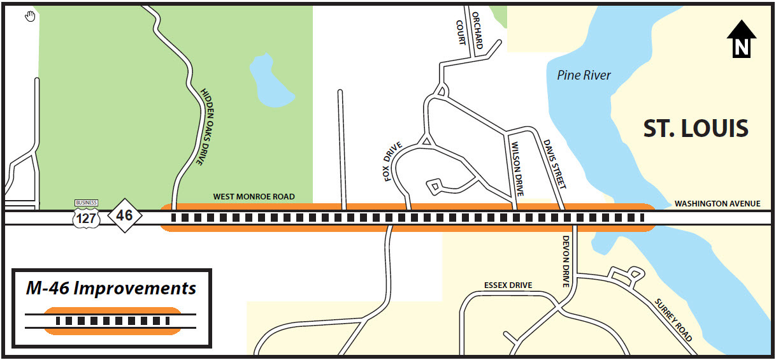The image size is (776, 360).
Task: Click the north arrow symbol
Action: coord(741,39)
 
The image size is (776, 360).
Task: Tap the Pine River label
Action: coord(584,75)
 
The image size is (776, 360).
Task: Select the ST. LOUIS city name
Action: coord(695,129)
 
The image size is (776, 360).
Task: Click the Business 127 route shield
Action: coord(87,213)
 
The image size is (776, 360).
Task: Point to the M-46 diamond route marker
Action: coord(124,215)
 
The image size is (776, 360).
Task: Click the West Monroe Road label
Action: coord(254,197)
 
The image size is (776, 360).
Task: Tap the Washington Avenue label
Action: coord(717,204)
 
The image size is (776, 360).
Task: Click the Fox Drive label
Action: coord(393,162)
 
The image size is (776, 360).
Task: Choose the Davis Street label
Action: coord(554,163)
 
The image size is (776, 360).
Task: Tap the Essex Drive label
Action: coord(508,285)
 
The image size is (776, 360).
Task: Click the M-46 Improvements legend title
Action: coord(111,289)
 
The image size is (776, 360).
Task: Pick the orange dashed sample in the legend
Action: coord(111,320)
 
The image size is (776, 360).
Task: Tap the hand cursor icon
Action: coord(30,16)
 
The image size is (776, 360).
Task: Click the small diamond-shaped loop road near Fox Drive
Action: coord(435,186)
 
